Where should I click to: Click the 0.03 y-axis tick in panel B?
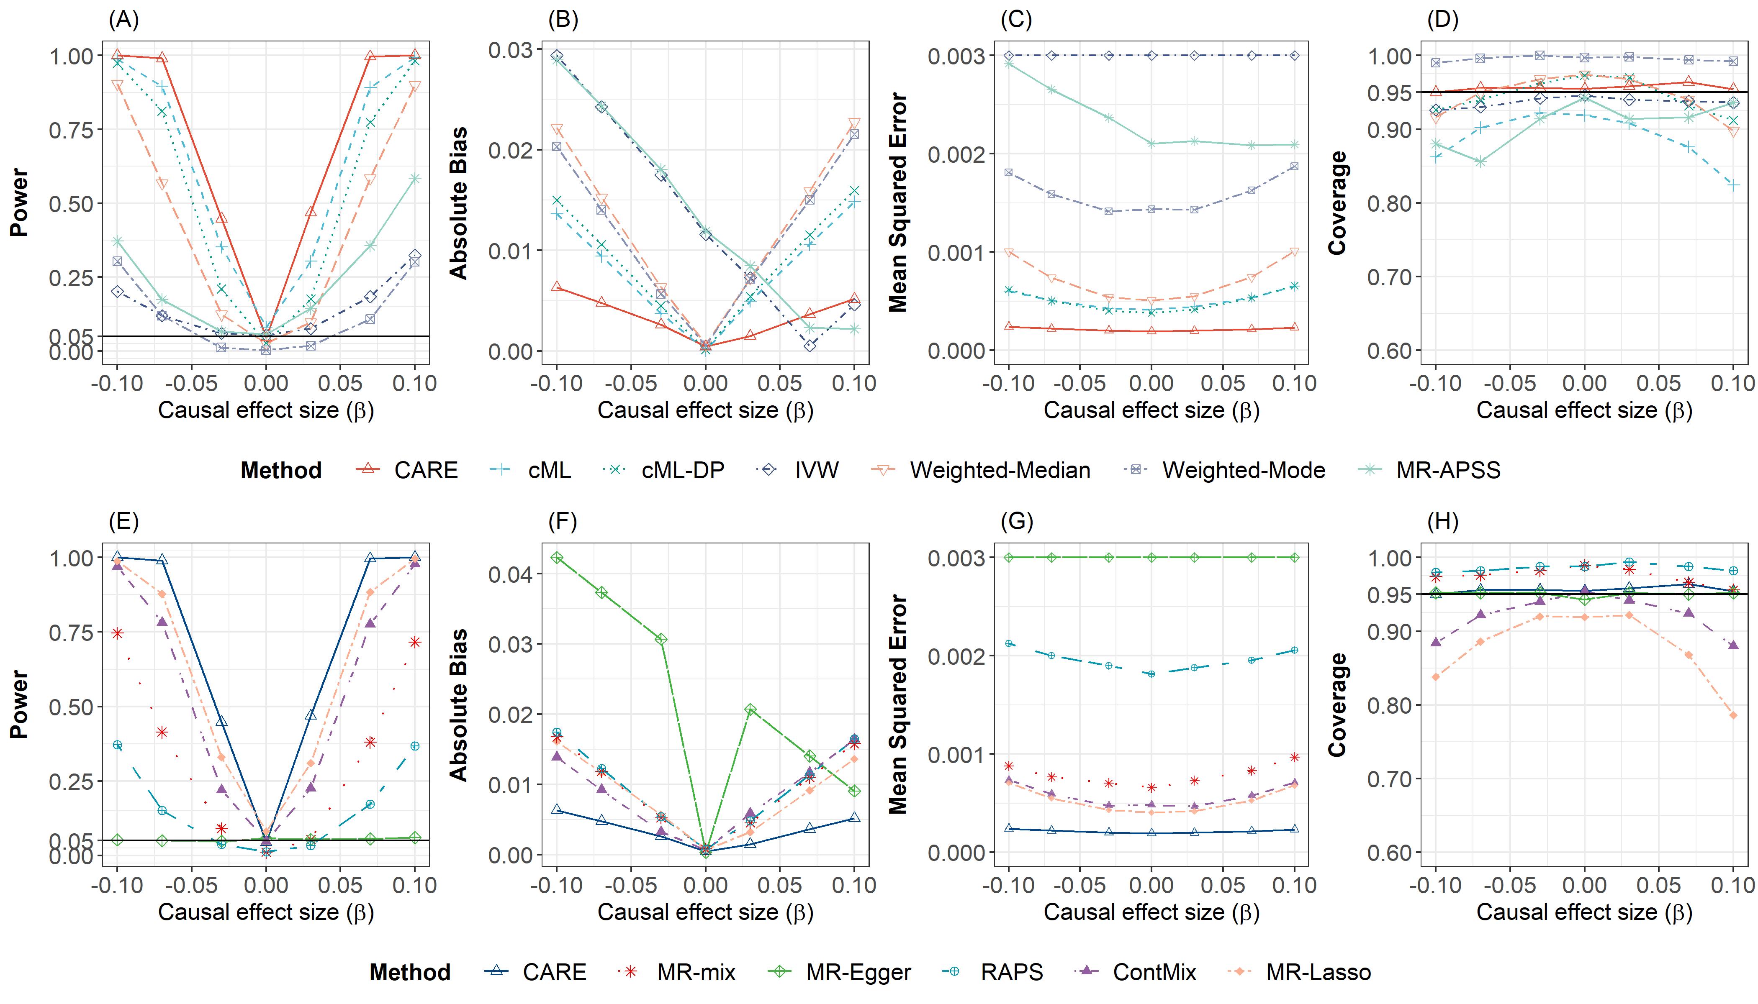click(x=511, y=50)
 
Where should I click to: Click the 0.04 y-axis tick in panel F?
click(x=511, y=574)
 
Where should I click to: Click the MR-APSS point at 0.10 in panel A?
click(x=415, y=179)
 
